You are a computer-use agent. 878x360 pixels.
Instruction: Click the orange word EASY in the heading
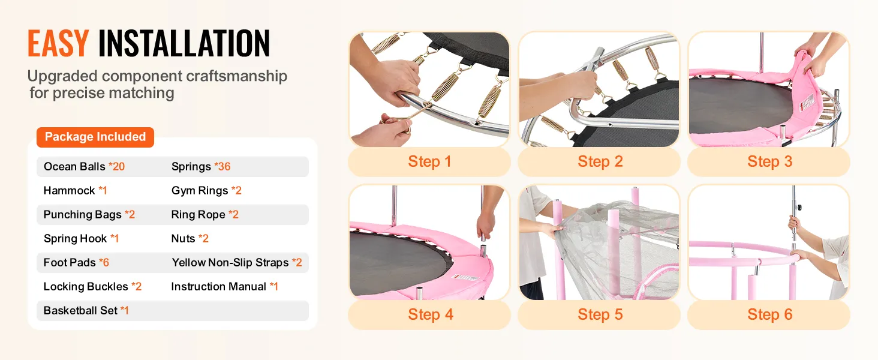click(58, 44)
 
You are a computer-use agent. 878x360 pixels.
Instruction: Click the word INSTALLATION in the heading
click(184, 44)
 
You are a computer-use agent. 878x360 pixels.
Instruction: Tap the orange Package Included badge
click(95, 137)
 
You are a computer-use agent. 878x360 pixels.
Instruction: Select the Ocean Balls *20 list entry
click(85, 167)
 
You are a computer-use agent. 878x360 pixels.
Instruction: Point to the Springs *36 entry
click(201, 167)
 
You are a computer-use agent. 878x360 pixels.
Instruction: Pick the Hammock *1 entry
click(75, 191)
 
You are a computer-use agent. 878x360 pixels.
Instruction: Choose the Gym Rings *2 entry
click(206, 191)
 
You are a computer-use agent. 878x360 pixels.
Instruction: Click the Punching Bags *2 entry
click(89, 215)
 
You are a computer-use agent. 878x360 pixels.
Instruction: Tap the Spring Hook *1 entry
click(81, 238)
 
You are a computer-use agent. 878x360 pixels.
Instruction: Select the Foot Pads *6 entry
click(76, 262)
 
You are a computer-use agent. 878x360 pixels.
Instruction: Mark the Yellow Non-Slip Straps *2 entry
click(237, 262)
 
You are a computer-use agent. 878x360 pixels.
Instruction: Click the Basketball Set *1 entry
click(86, 311)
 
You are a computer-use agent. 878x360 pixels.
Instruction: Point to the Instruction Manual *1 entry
click(224, 287)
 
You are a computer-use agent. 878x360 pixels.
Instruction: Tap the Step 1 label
click(429, 161)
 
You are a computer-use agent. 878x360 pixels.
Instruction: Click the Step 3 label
click(770, 161)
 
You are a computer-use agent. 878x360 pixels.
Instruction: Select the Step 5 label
click(600, 314)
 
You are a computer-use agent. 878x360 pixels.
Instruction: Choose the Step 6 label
click(770, 314)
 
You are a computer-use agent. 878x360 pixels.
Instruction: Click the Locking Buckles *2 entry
click(92, 287)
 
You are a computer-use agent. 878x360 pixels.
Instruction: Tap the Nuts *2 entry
click(190, 238)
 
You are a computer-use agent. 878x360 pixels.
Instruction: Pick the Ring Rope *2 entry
click(205, 215)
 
